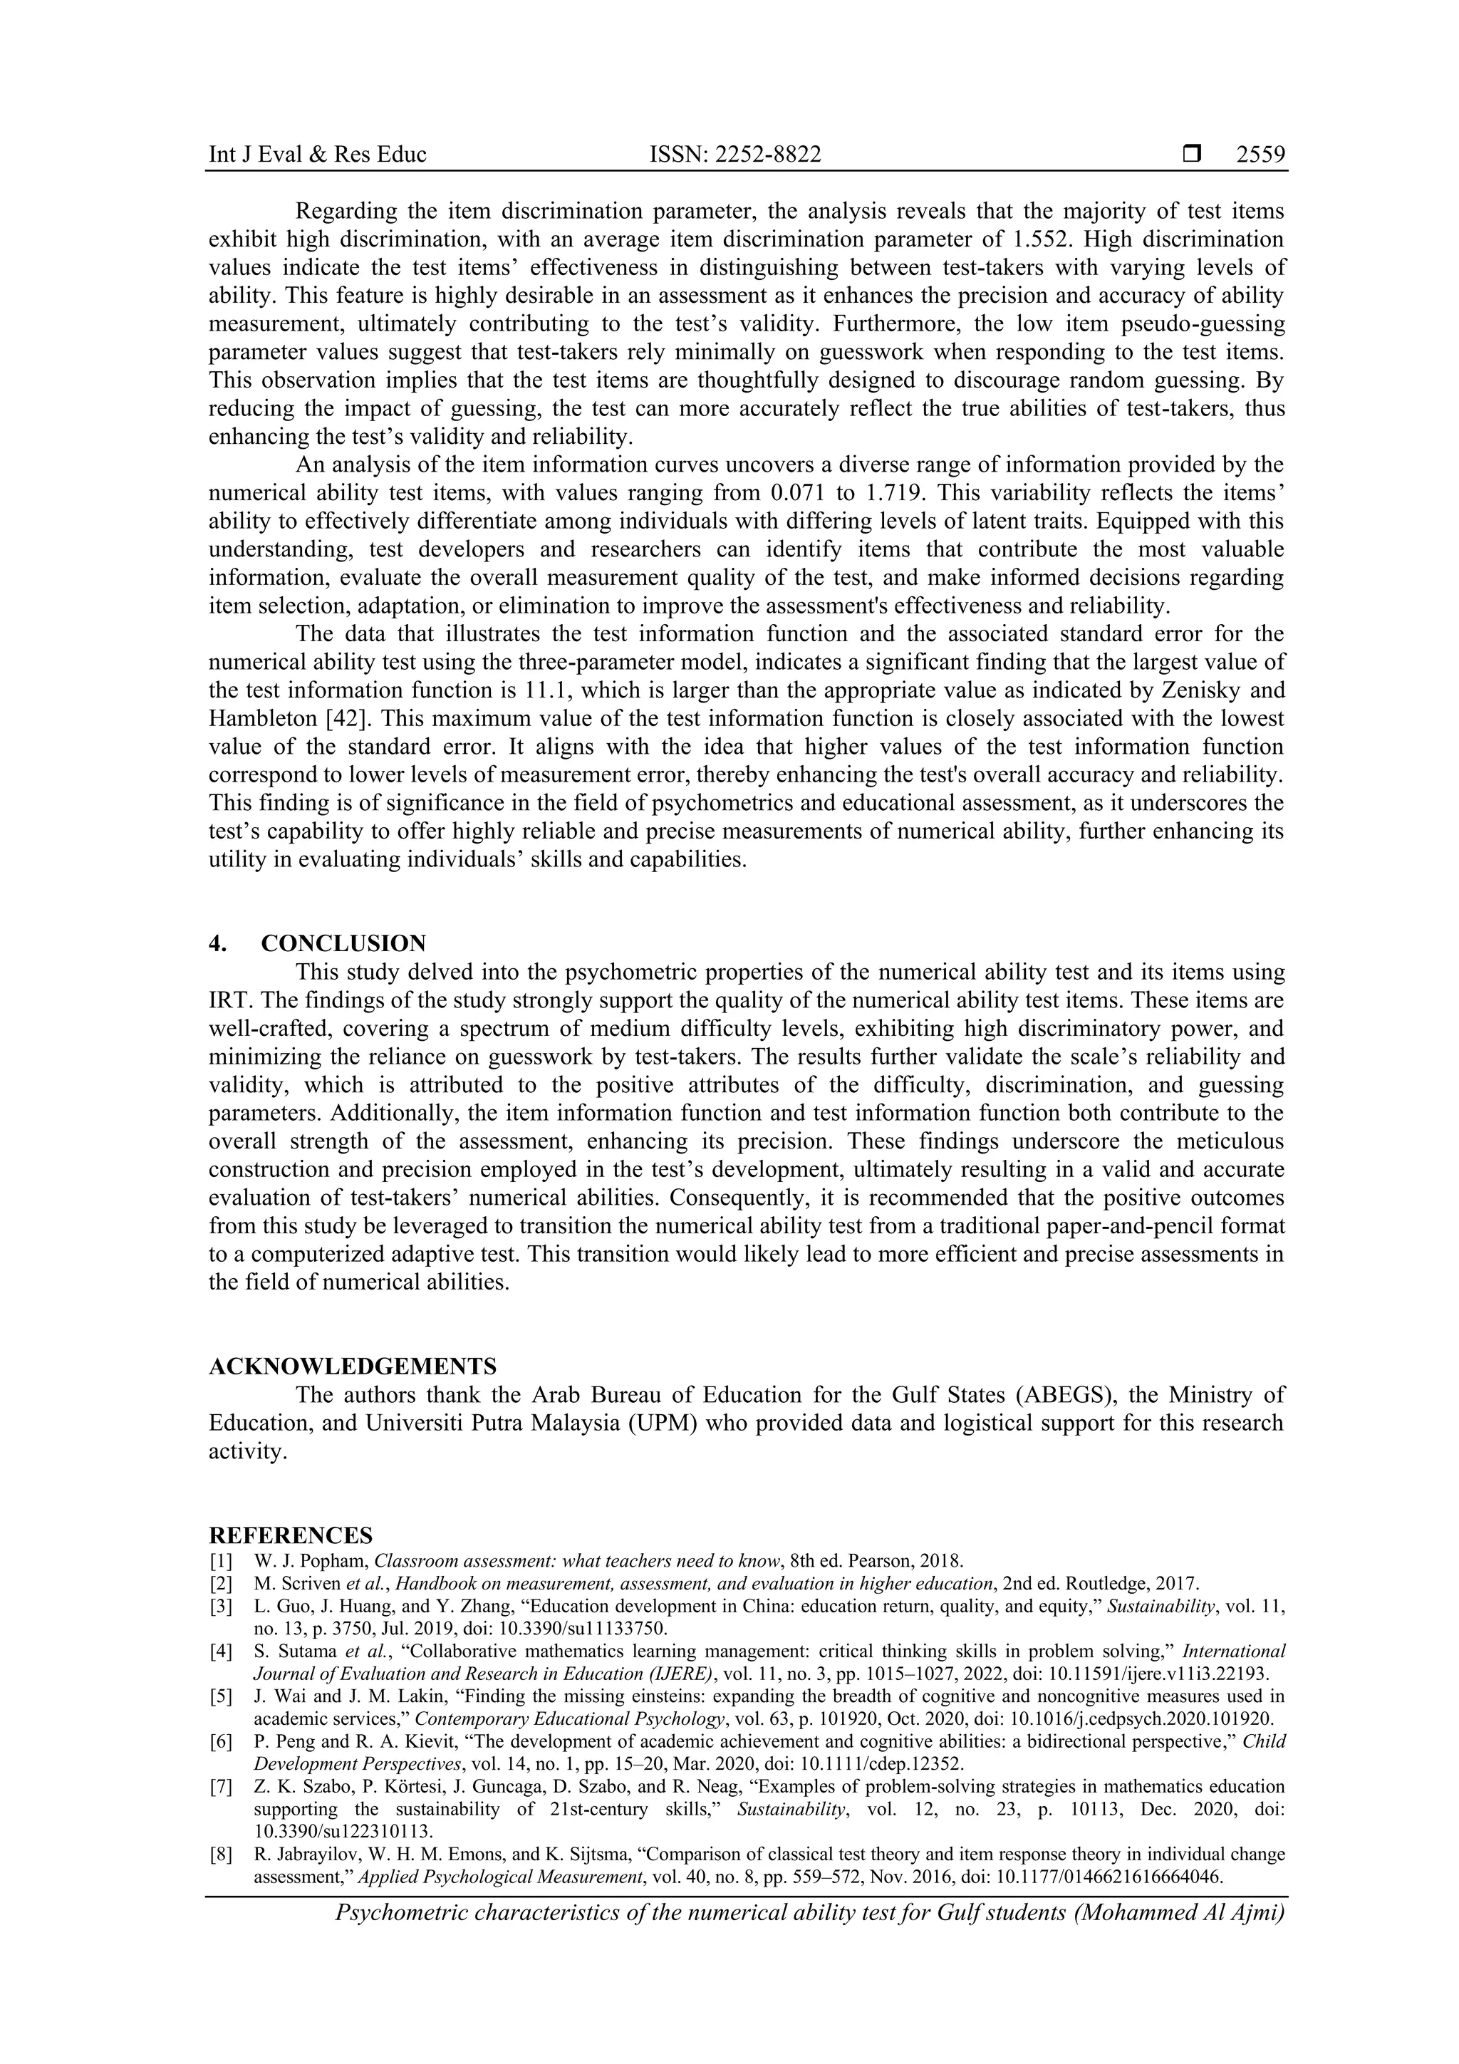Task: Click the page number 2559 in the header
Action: (x=1260, y=155)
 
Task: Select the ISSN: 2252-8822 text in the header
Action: (x=734, y=155)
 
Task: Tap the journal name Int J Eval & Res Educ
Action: (x=317, y=155)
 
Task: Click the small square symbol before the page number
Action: (x=1192, y=155)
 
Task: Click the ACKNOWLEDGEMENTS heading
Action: (x=353, y=1367)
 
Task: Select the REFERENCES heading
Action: (x=291, y=1535)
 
